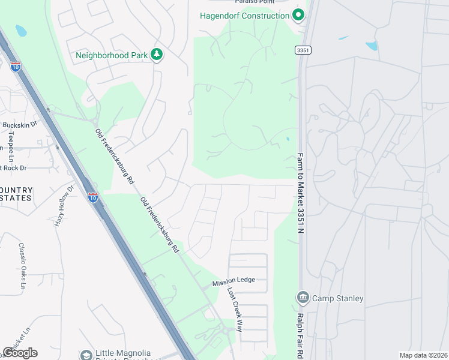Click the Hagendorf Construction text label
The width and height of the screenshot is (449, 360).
click(x=245, y=16)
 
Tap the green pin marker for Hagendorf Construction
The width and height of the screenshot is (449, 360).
click(x=298, y=16)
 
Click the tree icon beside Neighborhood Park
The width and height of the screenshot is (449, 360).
click(x=157, y=55)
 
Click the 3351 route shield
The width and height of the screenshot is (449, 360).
click(x=303, y=51)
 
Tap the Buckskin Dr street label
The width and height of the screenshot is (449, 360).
click(x=20, y=125)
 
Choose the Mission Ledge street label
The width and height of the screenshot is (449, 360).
click(x=234, y=280)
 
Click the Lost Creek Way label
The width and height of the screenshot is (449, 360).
click(x=235, y=309)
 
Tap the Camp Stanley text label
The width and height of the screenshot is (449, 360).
click(x=338, y=298)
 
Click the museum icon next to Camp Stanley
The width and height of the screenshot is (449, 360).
click(x=302, y=297)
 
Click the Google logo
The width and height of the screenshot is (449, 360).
click(x=20, y=353)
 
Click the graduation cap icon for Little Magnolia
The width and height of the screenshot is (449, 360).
click(x=87, y=354)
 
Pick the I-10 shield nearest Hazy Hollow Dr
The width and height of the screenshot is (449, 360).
click(x=92, y=197)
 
